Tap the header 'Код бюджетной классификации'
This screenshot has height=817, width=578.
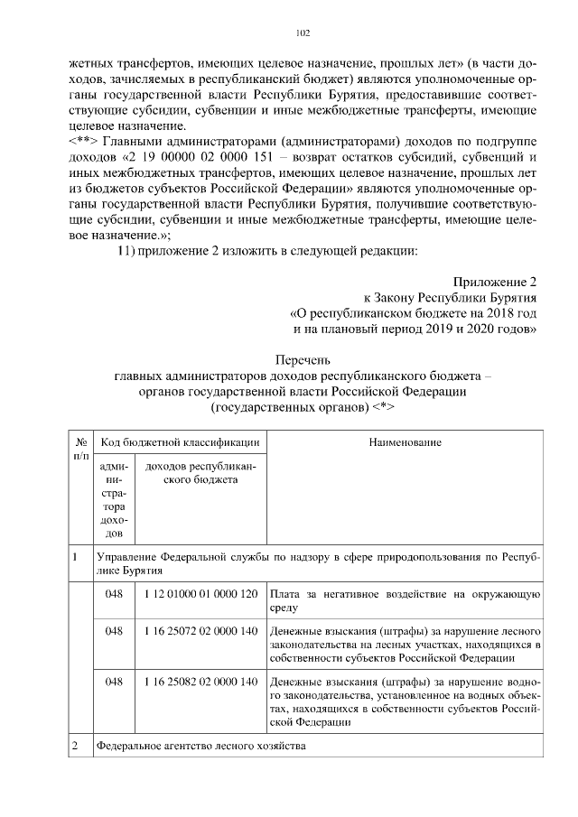pyautogui.click(x=181, y=442)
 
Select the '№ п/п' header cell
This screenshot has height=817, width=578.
pyautogui.click(x=81, y=450)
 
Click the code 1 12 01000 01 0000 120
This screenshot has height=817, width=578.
pyautogui.click(x=200, y=594)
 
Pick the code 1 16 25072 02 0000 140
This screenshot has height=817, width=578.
pyautogui.click(x=200, y=632)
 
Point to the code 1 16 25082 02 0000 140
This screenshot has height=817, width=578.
pyautogui.click(x=200, y=682)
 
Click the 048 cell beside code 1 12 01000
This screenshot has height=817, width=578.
pyautogui.click(x=114, y=594)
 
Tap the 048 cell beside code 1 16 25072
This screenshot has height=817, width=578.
pyautogui.click(x=114, y=632)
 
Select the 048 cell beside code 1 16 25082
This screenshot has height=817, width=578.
pyautogui.click(x=114, y=682)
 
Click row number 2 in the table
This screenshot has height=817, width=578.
pyautogui.click(x=75, y=747)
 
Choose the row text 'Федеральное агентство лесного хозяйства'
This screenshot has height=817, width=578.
pyautogui.click(x=202, y=747)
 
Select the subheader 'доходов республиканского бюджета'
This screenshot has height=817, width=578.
pyautogui.click(x=200, y=473)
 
